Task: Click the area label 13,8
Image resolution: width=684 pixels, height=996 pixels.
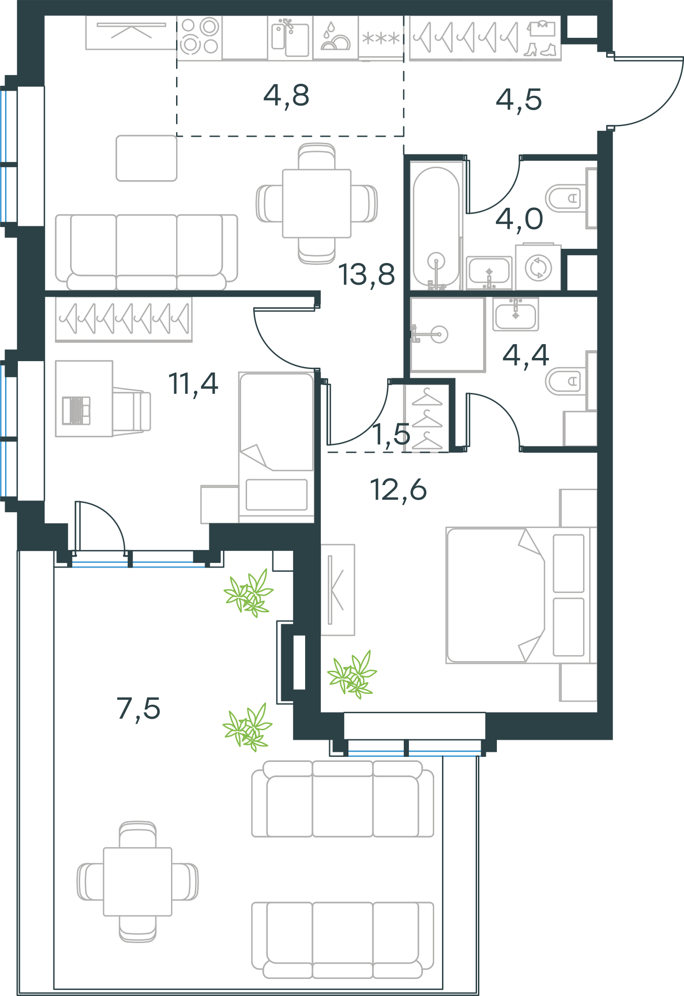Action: click(366, 275)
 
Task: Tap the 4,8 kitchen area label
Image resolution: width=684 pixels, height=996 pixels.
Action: click(286, 96)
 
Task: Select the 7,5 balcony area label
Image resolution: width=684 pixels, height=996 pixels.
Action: click(138, 709)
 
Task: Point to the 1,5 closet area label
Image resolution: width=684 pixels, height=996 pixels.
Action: click(391, 434)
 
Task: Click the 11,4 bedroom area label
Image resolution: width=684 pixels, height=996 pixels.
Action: click(193, 384)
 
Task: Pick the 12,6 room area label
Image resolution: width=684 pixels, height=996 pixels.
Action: click(398, 490)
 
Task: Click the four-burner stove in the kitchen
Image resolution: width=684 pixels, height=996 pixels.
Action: click(199, 36)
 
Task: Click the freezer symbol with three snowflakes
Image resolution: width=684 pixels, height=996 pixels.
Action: click(381, 38)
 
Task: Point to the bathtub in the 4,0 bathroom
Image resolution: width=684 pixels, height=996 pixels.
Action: click(436, 226)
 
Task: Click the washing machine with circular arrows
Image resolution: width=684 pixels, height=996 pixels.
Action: click(538, 267)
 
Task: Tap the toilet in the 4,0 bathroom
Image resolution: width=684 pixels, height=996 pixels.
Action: click(571, 198)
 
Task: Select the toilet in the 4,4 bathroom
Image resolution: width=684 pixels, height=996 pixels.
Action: click(571, 381)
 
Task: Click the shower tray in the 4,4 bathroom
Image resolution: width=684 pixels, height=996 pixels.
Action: click(448, 334)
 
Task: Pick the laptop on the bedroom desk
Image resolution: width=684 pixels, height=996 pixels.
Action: click(76, 410)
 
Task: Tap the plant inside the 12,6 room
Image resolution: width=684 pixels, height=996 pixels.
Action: click(352, 674)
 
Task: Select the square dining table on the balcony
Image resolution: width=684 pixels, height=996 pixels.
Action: click(137, 882)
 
